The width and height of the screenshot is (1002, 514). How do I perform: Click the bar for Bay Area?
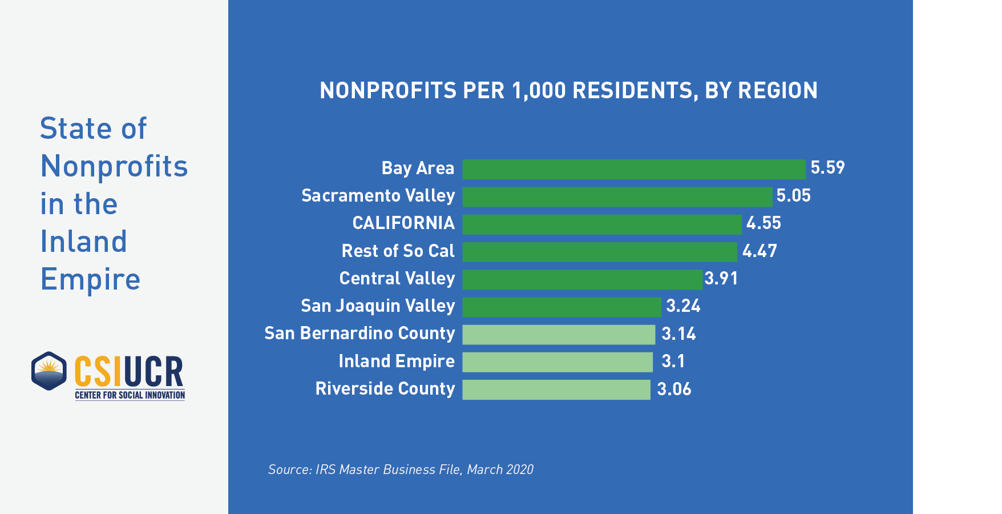pos(633,169)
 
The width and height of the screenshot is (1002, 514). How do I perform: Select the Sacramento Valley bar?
pos(617,196)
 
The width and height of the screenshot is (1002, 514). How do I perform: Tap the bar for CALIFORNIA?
pos(601,224)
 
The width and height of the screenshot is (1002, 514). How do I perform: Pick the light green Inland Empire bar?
pos(557,362)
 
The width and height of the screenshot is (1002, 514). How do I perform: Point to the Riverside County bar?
pos(556,389)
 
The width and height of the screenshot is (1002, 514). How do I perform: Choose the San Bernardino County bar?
pos(559,335)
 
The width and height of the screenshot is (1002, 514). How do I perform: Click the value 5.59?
pos(827,168)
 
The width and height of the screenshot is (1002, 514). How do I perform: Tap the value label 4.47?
pos(759,251)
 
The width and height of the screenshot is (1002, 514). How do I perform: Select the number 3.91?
pos(721,279)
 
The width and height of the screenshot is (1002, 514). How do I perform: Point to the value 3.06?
pos(674,389)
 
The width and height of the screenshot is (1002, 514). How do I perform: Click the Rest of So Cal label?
pos(398,251)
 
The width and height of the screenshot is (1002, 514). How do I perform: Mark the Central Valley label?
pos(397,279)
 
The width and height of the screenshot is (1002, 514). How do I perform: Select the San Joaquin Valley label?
pos(378,306)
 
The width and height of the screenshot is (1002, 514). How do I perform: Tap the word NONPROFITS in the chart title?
pos(388,91)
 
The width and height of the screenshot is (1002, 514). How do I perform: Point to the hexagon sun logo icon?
pos(49,371)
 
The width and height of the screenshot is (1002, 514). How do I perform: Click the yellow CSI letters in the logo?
pos(98,372)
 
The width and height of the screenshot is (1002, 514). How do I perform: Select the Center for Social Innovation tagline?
pos(130,395)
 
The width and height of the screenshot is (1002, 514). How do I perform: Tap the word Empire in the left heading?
pos(90,279)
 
